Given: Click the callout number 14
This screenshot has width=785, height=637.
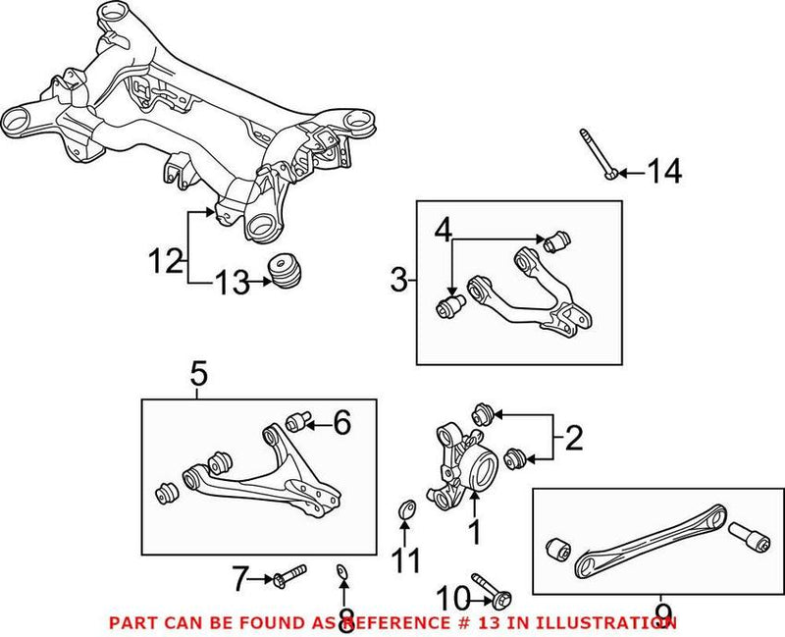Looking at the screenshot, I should pos(663,173).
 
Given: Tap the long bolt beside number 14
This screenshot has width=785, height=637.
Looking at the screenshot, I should pos(596,155).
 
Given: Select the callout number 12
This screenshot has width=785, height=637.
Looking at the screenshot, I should pos(166,261).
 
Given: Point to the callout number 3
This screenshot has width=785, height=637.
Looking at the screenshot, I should pos(398,282).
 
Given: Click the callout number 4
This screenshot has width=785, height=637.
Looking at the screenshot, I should pos(445,233).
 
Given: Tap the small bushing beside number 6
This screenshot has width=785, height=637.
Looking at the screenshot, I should pos(297,423).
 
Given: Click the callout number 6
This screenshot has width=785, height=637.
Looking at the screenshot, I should pos(340,423).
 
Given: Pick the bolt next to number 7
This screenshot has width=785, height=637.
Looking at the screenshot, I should pos(288,571).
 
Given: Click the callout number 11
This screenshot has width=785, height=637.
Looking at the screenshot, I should pos(405,560).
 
